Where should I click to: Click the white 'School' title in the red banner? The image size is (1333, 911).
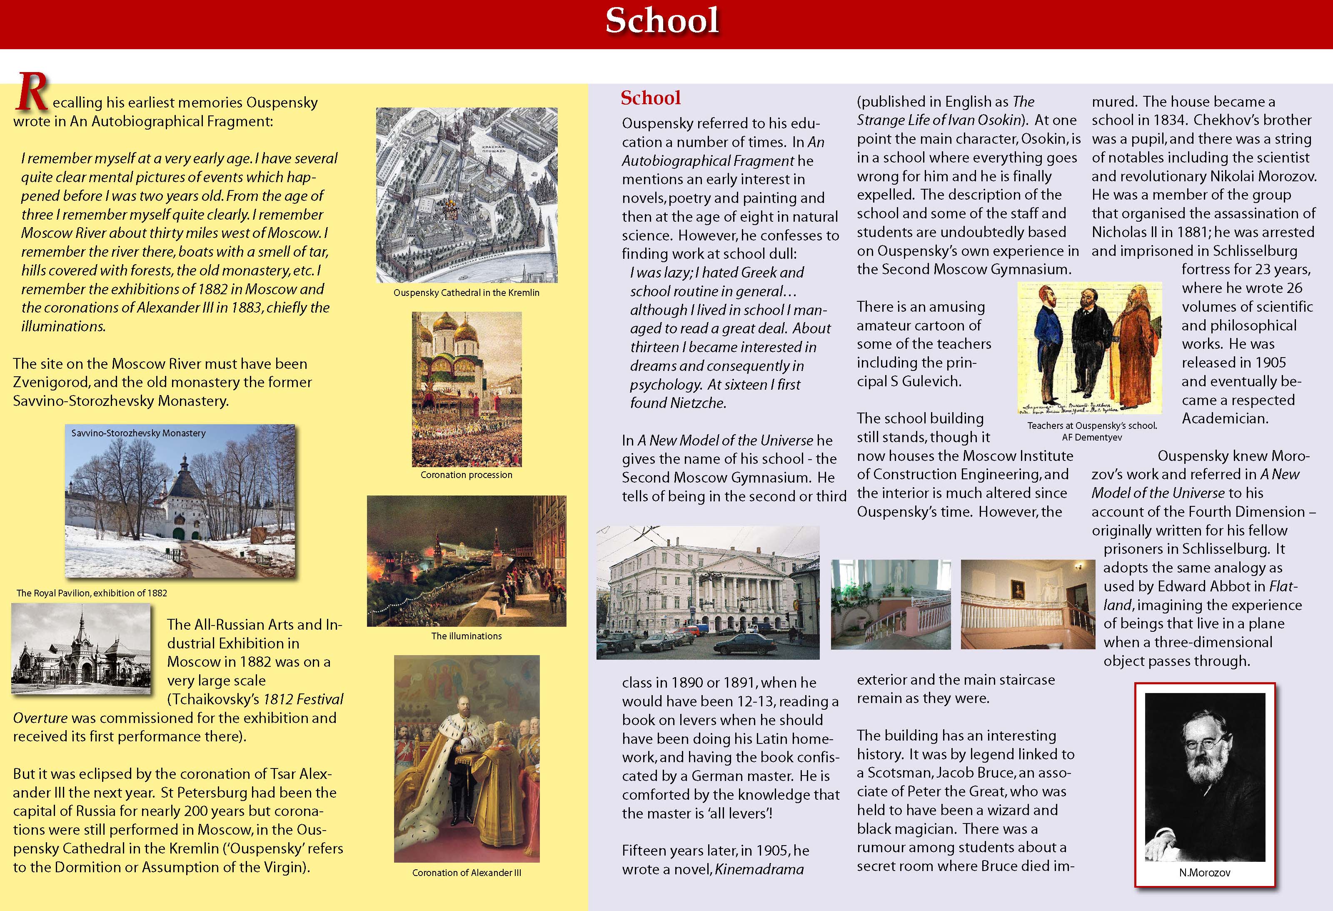662,21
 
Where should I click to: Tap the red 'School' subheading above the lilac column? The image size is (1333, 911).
650,98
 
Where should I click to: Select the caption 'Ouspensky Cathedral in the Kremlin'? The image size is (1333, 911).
466,293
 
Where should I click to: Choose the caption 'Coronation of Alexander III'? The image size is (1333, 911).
466,873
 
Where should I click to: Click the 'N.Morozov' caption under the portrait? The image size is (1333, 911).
1204,873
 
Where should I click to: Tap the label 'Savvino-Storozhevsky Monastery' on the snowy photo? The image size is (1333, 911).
138,433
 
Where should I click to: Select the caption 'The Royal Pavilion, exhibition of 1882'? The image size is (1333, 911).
92,593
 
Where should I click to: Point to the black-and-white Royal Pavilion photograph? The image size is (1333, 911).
81,649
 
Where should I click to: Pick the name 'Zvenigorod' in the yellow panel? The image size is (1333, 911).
49,382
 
